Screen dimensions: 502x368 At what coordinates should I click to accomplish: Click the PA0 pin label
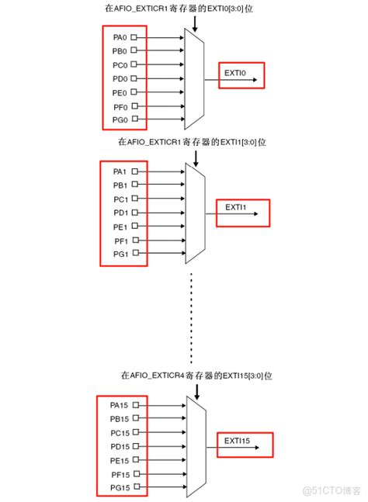point(119,36)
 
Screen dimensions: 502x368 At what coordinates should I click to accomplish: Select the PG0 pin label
point(119,119)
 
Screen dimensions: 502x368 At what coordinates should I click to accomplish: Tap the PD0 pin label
point(119,78)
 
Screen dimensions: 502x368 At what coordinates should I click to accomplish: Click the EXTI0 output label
point(234,73)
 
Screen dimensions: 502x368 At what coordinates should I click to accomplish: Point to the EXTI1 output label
point(235,208)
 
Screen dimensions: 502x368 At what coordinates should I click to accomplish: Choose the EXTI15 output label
point(238,441)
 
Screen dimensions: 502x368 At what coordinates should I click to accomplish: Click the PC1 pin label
point(120,199)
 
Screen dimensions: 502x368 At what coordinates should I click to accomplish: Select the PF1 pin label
point(120,241)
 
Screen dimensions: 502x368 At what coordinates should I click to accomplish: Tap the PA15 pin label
point(119,405)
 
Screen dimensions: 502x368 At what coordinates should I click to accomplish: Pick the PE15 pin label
point(119,460)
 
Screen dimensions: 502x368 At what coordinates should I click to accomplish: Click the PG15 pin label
point(119,487)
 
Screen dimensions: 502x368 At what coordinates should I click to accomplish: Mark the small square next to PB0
point(134,50)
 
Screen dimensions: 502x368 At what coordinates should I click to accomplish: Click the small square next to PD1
point(135,213)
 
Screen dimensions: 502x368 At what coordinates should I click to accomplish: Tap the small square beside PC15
point(136,432)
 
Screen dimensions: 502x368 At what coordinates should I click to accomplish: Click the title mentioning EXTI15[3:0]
point(196,376)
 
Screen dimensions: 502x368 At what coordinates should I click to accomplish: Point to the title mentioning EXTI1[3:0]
point(192,142)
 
